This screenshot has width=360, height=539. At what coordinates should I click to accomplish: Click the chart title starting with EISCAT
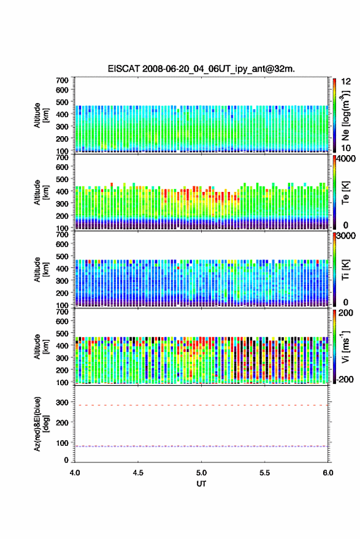tap(201, 69)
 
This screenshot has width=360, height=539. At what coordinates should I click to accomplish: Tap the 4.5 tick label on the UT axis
tap(138, 473)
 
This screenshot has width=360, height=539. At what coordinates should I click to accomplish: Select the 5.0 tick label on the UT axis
tap(202, 473)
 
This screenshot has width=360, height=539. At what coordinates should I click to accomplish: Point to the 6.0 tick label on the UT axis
tap(328, 473)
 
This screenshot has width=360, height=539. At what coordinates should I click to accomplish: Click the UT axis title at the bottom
tap(202, 484)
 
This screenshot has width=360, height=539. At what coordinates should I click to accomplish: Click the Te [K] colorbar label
tap(345, 193)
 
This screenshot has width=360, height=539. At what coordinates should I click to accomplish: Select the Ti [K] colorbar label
tap(345, 270)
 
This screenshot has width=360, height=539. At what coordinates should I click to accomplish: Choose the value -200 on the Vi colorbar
tap(345, 380)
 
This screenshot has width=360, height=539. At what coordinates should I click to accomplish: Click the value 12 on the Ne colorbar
tap(346, 82)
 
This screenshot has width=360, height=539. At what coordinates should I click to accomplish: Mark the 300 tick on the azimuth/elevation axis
tap(63, 402)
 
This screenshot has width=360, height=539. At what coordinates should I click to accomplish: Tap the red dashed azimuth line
tap(202, 405)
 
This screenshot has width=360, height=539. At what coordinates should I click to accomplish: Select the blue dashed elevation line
tap(202, 446)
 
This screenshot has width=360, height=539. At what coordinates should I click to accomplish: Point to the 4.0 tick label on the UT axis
tap(75, 473)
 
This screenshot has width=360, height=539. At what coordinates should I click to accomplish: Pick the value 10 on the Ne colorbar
tap(346, 148)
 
